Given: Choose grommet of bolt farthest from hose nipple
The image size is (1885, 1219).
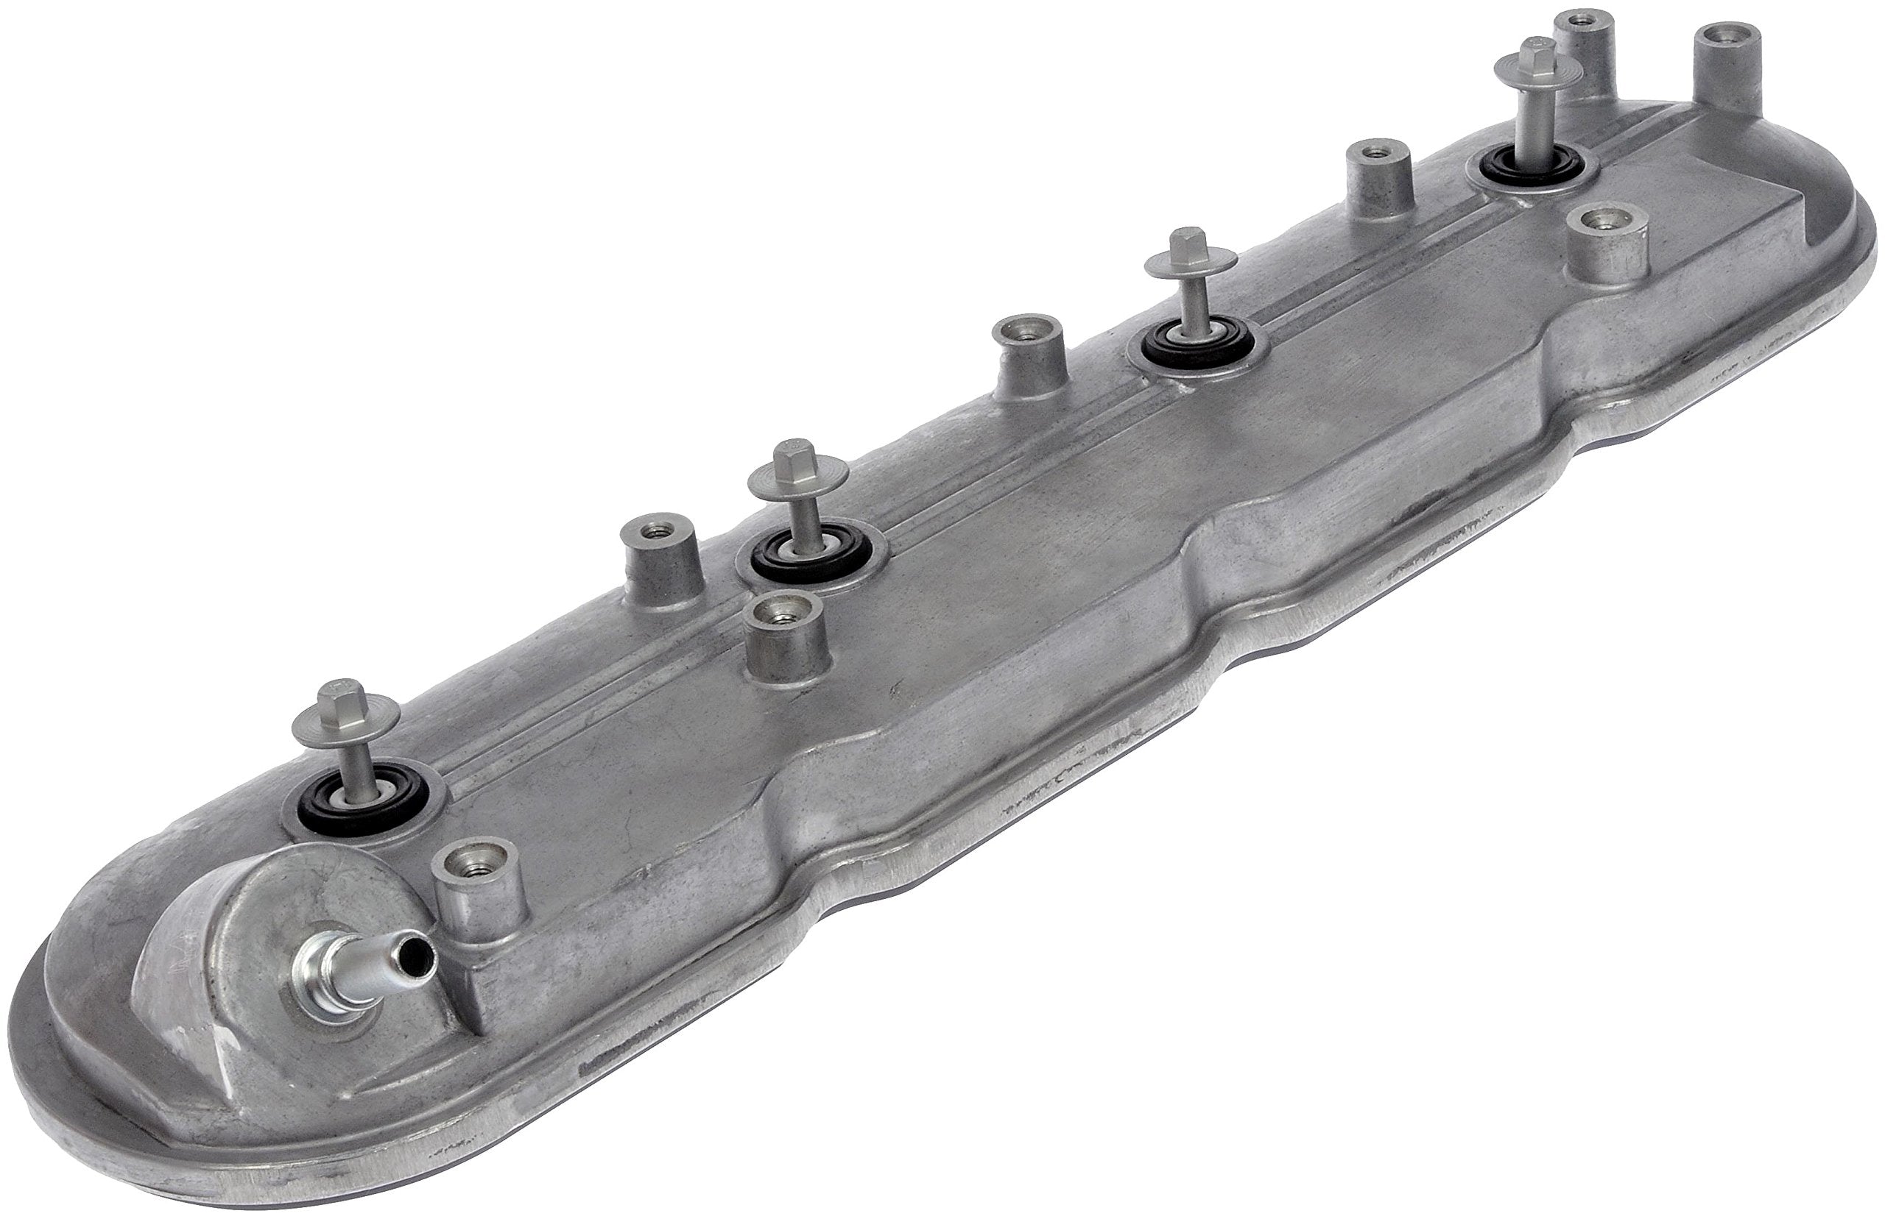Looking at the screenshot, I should pyautogui.click(x=1529, y=168).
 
